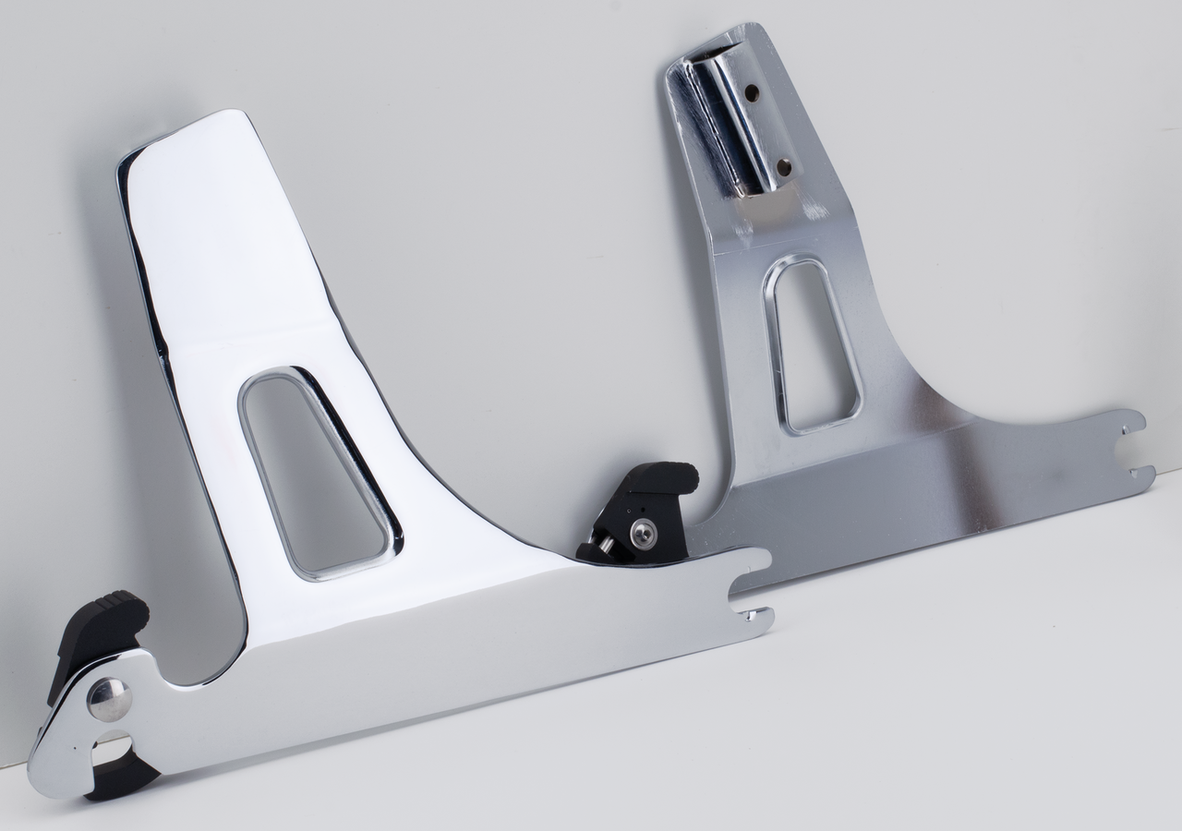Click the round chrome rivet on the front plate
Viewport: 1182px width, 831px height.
pos(109,699)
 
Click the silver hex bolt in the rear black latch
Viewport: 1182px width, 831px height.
pos(643,533)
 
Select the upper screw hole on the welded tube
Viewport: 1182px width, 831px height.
pos(752,92)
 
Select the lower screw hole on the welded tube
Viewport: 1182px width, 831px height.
pos(784,167)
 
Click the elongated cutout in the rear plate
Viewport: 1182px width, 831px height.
pos(813,346)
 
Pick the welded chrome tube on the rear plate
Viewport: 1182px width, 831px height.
pos(734,120)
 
